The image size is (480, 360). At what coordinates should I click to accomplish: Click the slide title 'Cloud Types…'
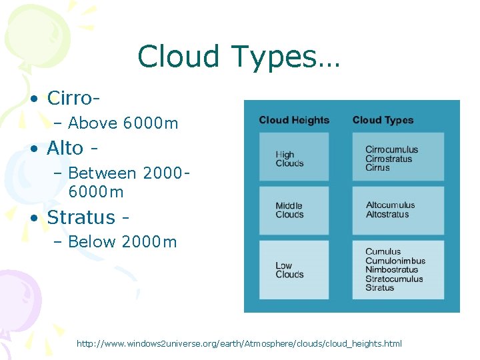(239, 57)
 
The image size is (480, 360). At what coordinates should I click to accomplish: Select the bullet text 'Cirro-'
(73, 98)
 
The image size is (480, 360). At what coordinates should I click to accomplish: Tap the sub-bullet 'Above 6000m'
(123, 123)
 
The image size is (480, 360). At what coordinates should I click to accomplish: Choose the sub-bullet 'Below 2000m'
(123, 242)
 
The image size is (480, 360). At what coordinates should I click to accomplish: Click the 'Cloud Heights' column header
(294, 120)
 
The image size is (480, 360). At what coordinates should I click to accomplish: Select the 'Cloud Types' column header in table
(383, 120)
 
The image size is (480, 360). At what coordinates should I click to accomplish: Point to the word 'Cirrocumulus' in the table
(391, 150)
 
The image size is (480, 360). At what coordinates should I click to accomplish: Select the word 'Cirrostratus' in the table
(389, 159)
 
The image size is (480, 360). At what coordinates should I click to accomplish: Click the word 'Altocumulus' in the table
(390, 205)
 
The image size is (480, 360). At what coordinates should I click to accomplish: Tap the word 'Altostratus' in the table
(387, 215)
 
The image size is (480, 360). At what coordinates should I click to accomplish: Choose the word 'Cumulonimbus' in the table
(395, 261)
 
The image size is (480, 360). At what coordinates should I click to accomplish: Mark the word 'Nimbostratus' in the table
(391, 270)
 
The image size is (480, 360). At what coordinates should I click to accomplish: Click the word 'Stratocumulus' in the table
(394, 279)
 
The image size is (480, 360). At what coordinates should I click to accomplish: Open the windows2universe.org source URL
(239, 343)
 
